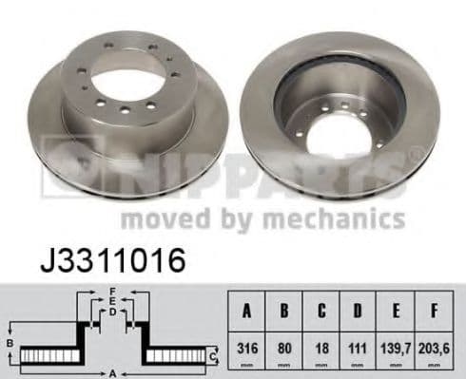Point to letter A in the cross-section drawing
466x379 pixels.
pyautogui.click(x=111, y=371)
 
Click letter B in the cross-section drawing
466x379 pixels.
pyautogui.click(x=10, y=343)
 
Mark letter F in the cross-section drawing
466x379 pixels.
pyautogui.click(x=111, y=290)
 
